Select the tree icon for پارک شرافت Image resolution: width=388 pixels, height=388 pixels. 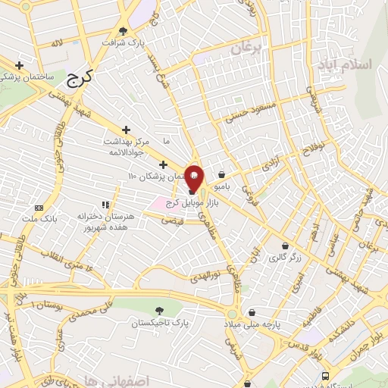(x=124, y=30)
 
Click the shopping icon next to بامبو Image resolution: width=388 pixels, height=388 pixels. (x=221, y=174)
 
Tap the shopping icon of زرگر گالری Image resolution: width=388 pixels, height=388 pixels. (x=284, y=246)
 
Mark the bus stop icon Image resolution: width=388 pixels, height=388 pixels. (x=326, y=376)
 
